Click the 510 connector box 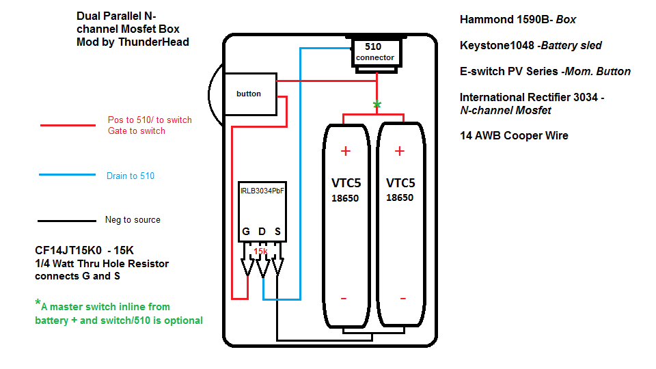pyautogui.click(x=374, y=52)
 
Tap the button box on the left pyautogui.click(x=249, y=94)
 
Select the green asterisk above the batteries pyautogui.click(x=376, y=105)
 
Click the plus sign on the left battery pyautogui.click(x=345, y=151)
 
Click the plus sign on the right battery pyautogui.click(x=400, y=151)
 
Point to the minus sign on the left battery pyautogui.click(x=344, y=299)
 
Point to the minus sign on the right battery pyautogui.click(x=402, y=299)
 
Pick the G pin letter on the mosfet pyautogui.click(x=246, y=232)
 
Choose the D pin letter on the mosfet pyautogui.click(x=262, y=232)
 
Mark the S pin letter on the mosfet pyautogui.click(x=277, y=232)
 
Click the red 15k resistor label pyautogui.click(x=260, y=251)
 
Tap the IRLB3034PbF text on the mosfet pyautogui.click(x=262, y=191)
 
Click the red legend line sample pyautogui.click(x=68, y=125)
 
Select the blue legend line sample pyautogui.click(x=68, y=175)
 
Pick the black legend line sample pyautogui.click(x=68, y=220)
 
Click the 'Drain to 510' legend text pyautogui.click(x=131, y=176)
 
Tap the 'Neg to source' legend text pyautogui.click(x=133, y=220)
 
